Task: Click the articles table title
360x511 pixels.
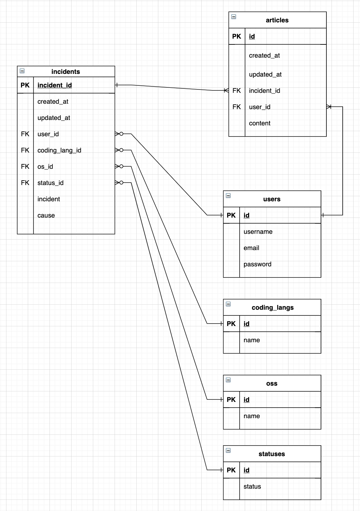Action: [277, 20]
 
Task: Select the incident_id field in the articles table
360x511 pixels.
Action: [264, 91]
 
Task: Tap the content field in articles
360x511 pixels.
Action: [260, 123]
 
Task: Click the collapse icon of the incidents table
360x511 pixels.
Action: [22, 71]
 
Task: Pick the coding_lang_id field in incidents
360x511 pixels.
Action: [59, 150]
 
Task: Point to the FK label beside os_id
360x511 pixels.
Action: [25, 167]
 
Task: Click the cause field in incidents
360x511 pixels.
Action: [46, 216]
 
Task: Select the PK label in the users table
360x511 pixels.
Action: [231, 216]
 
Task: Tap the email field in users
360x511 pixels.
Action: [251, 248]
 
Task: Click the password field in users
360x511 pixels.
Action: [257, 264]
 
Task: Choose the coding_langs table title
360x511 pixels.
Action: [273, 308]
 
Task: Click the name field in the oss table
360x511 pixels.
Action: [252, 416]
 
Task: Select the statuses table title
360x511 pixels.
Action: [272, 454]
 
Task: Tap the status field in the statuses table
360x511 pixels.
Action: [252, 487]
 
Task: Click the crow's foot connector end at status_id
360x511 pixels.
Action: [119, 183]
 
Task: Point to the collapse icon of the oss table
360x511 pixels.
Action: [228, 380]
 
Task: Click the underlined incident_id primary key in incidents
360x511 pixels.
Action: [55, 85]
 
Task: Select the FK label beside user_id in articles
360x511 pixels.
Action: [237, 107]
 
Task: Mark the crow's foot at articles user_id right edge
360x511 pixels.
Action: [329, 107]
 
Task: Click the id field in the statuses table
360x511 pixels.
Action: [246, 470]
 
